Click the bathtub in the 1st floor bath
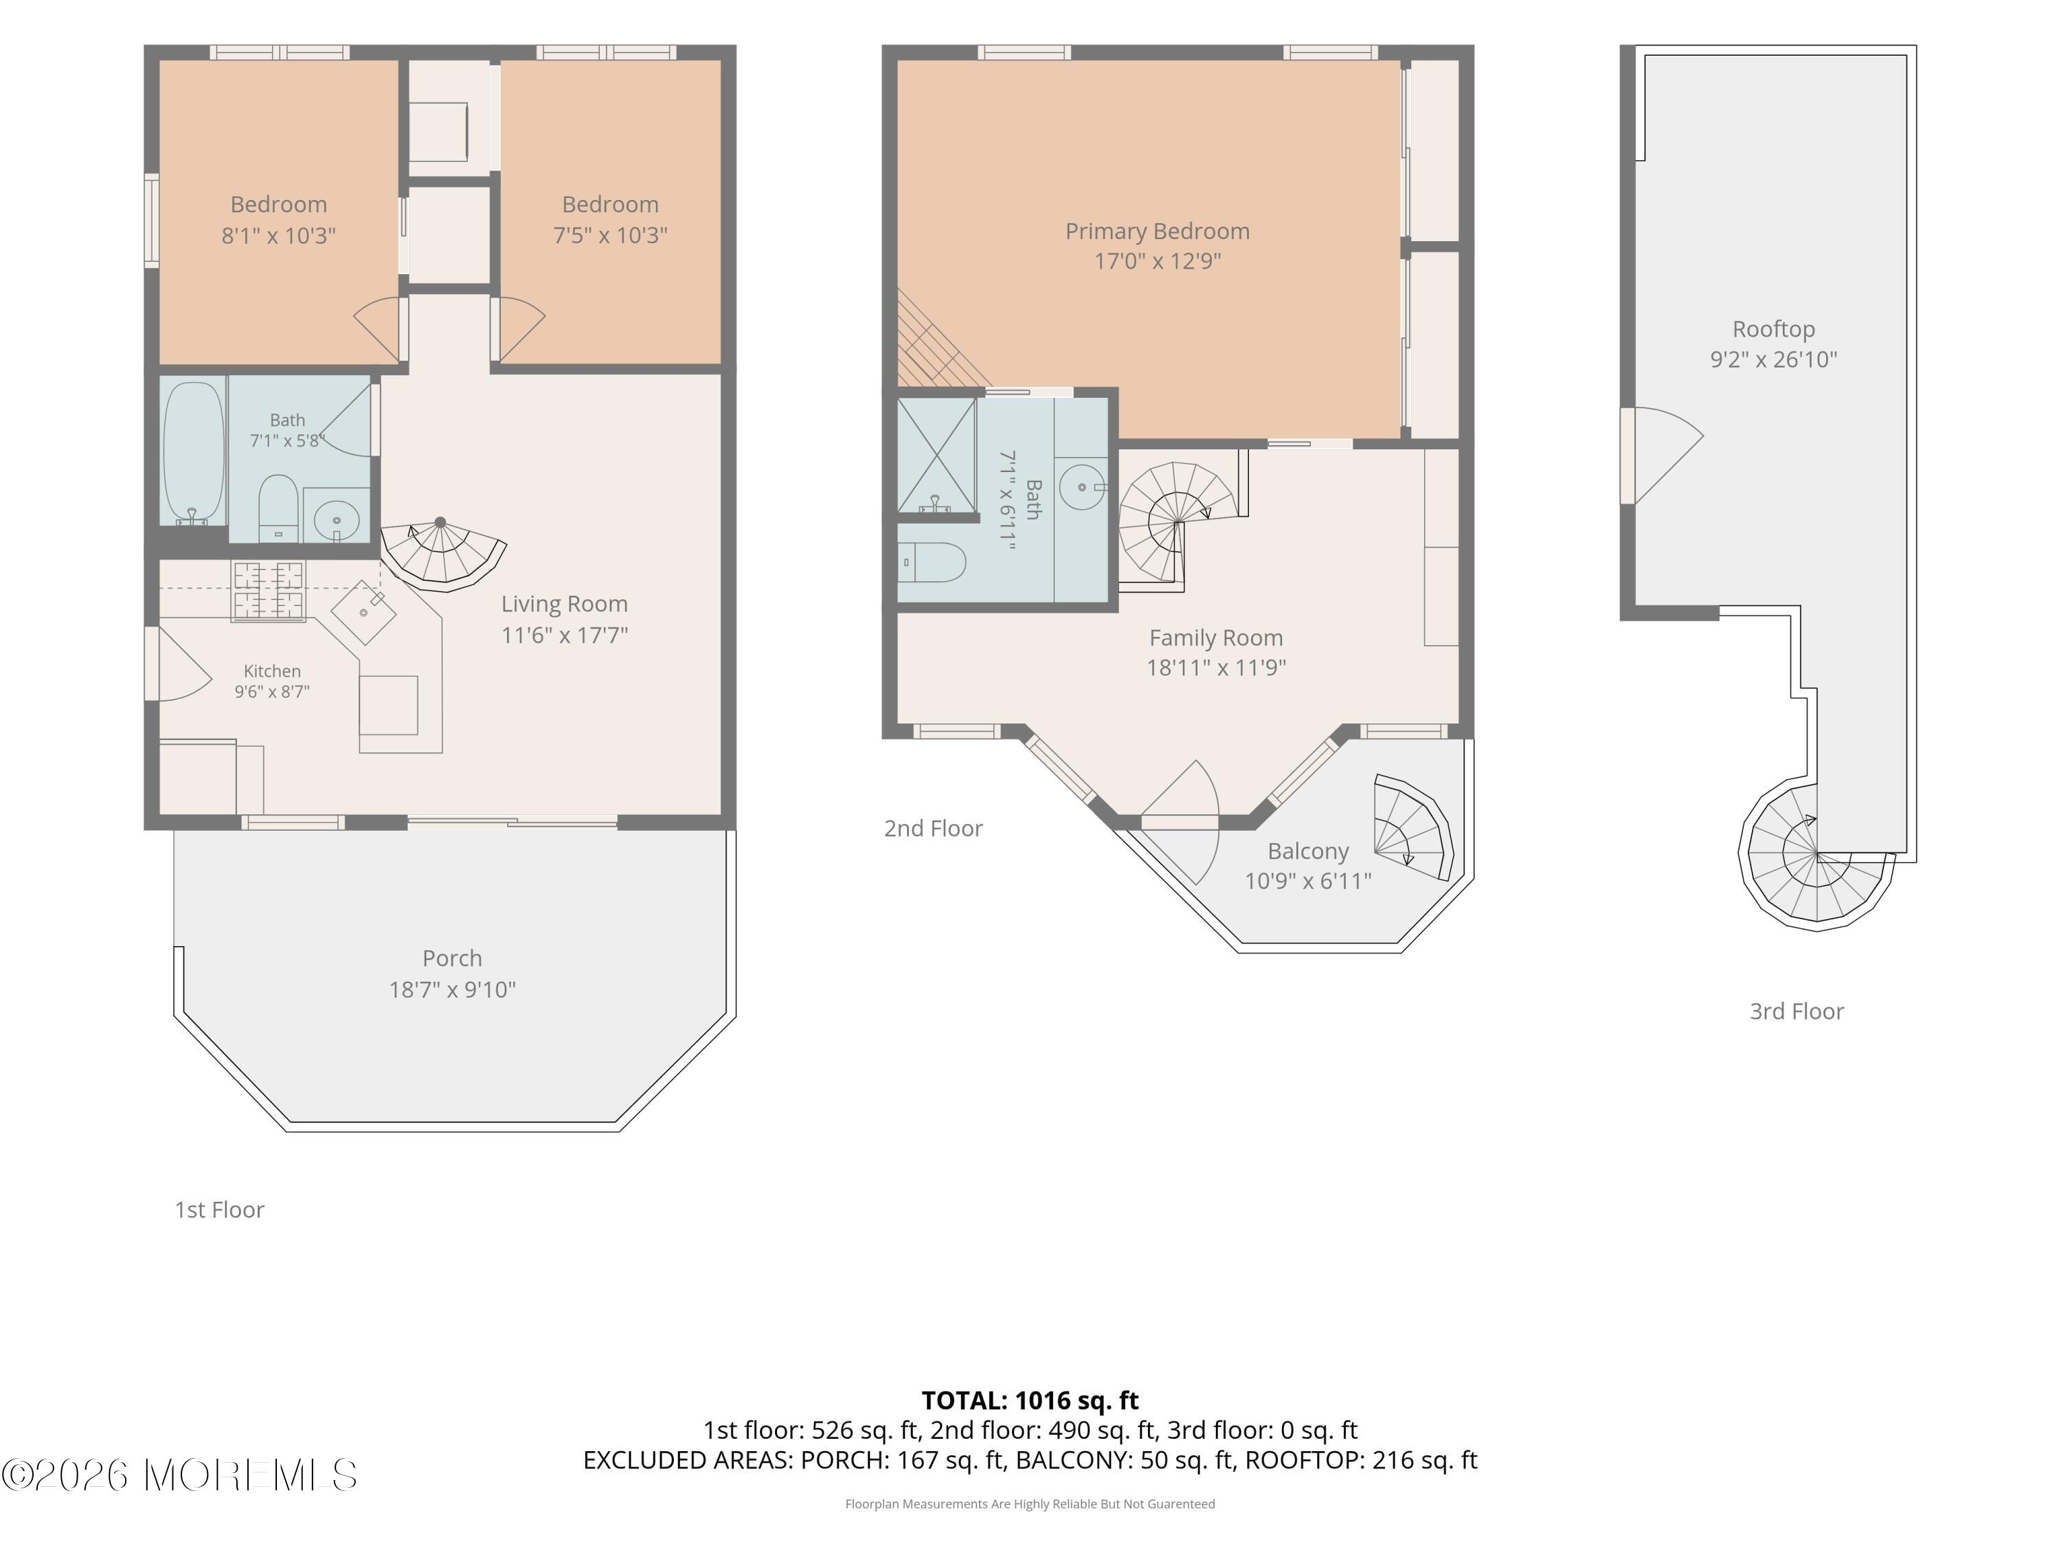pos(194,452)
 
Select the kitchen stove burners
pos(269,591)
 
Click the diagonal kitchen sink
pos(364,612)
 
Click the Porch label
pos(452,958)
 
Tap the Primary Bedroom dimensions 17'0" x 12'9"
pos(1157,261)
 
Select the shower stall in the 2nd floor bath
pos(936,455)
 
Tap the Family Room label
pos(1216,638)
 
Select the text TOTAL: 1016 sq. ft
pos(1030,1400)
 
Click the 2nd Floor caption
pos(933,829)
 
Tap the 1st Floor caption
pos(220,1209)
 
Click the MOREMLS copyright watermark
pos(179,1475)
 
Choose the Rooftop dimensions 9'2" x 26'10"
pos(1773,359)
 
